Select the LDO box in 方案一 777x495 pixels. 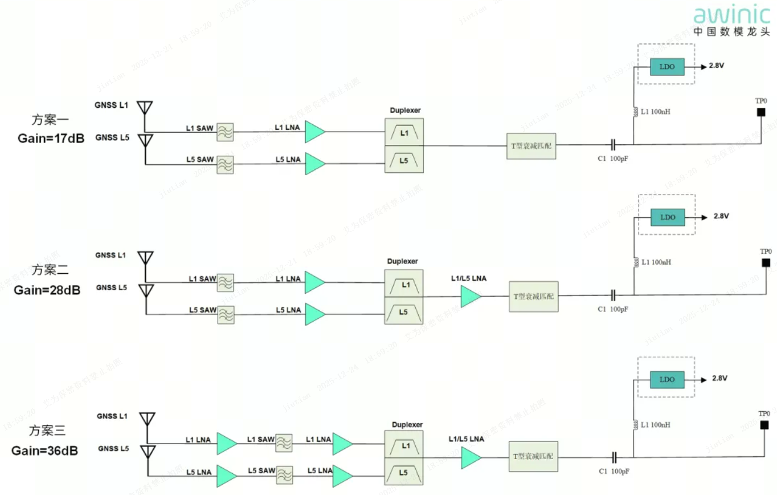coord(667,66)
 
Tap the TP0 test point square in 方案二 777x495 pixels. coord(766,263)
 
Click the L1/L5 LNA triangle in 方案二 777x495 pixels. coord(471,297)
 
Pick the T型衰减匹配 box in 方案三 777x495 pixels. coord(533,457)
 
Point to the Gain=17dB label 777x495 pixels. coord(51,138)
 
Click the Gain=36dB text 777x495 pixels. coord(45,451)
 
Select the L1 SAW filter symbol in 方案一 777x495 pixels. coord(225,132)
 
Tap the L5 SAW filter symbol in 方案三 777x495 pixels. coord(284,474)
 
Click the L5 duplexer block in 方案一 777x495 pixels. coord(404,160)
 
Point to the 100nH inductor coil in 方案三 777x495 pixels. coord(633,425)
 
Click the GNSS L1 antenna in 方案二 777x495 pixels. coord(146,258)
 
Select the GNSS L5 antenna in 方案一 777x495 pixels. coord(146,140)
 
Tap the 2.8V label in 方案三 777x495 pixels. coord(719,378)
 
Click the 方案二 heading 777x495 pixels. coord(50,269)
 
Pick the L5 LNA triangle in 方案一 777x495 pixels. coord(314,164)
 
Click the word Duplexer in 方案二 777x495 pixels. coord(403,261)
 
